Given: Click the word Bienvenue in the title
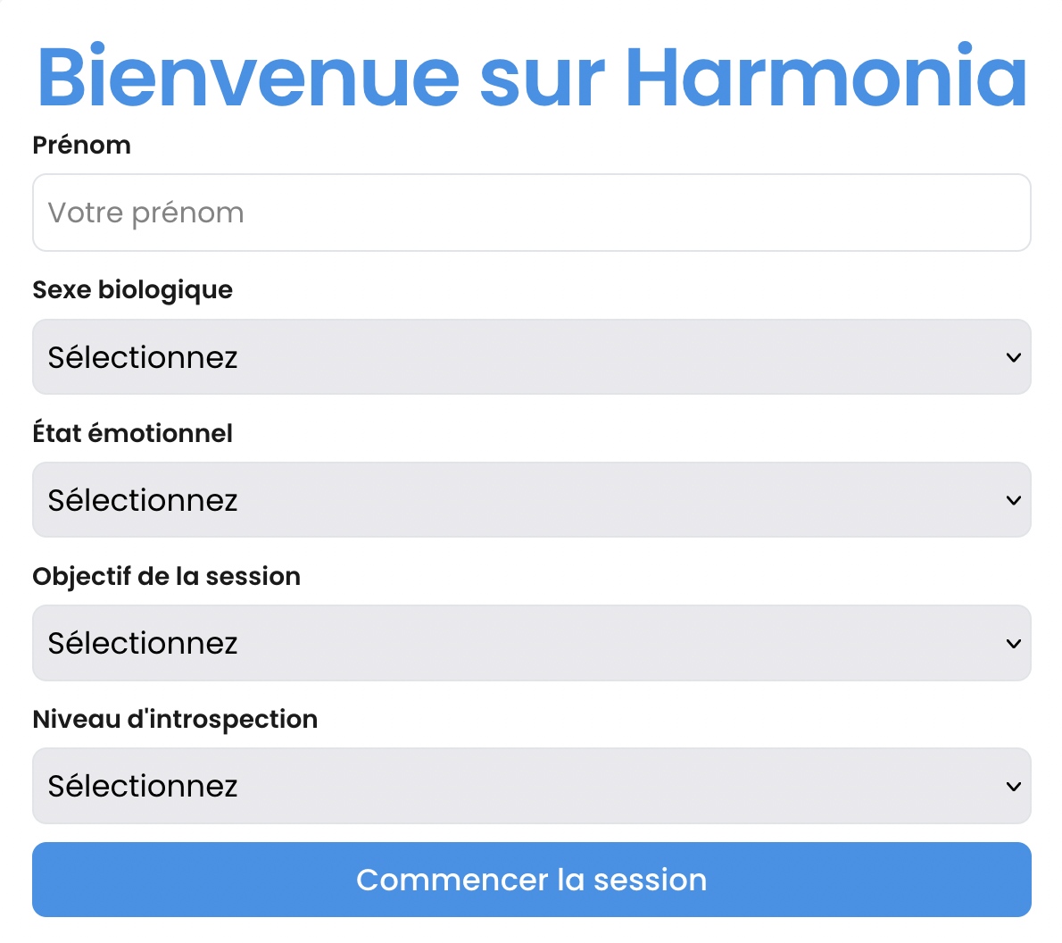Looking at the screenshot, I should tap(248, 77).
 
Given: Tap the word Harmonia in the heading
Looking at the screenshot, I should tap(826, 77).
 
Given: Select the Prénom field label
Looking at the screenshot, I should tap(81, 145).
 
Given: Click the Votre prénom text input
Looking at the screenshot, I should tap(531, 213).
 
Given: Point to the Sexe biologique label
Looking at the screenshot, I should tap(132, 289).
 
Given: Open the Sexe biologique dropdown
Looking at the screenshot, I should tap(531, 357).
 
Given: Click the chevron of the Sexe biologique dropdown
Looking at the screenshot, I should tap(1013, 357).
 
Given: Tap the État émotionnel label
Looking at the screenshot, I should tap(132, 433).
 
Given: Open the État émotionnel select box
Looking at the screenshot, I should tap(531, 500).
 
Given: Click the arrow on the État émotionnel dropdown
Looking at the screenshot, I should tap(1013, 500).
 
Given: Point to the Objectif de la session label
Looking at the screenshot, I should tap(166, 576).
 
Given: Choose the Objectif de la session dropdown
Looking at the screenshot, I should tap(531, 643).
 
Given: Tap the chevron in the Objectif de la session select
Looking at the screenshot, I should tap(1013, 643).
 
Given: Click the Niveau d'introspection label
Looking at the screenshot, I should tap(175, 719).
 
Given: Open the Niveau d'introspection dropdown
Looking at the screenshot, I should tap(531, 786).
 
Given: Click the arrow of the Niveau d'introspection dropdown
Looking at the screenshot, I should tap(1013, 786).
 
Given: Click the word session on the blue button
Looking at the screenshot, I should tap(650, 880).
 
